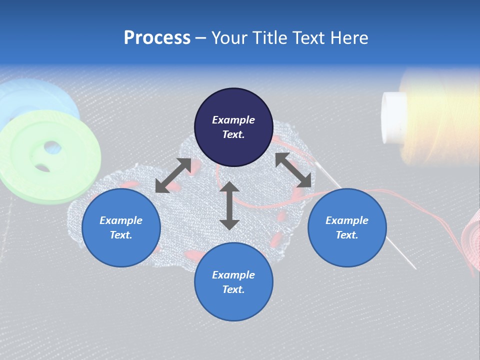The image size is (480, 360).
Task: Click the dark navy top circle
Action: [233, 127]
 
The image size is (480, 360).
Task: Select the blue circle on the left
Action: [121, 227]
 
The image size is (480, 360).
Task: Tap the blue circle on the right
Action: [347, 227]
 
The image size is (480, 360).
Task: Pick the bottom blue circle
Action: [233, 282]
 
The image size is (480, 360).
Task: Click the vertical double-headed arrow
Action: [229, 205]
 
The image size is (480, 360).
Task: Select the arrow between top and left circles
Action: [173, 175]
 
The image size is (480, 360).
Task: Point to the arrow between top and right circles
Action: [293, 170]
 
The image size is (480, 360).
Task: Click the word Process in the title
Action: [157, 38]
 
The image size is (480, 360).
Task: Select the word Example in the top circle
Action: [233, 120]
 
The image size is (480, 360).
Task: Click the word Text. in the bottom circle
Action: [233, 289]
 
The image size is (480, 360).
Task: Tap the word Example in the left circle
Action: [121, 220]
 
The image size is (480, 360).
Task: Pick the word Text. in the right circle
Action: [347, 235]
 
